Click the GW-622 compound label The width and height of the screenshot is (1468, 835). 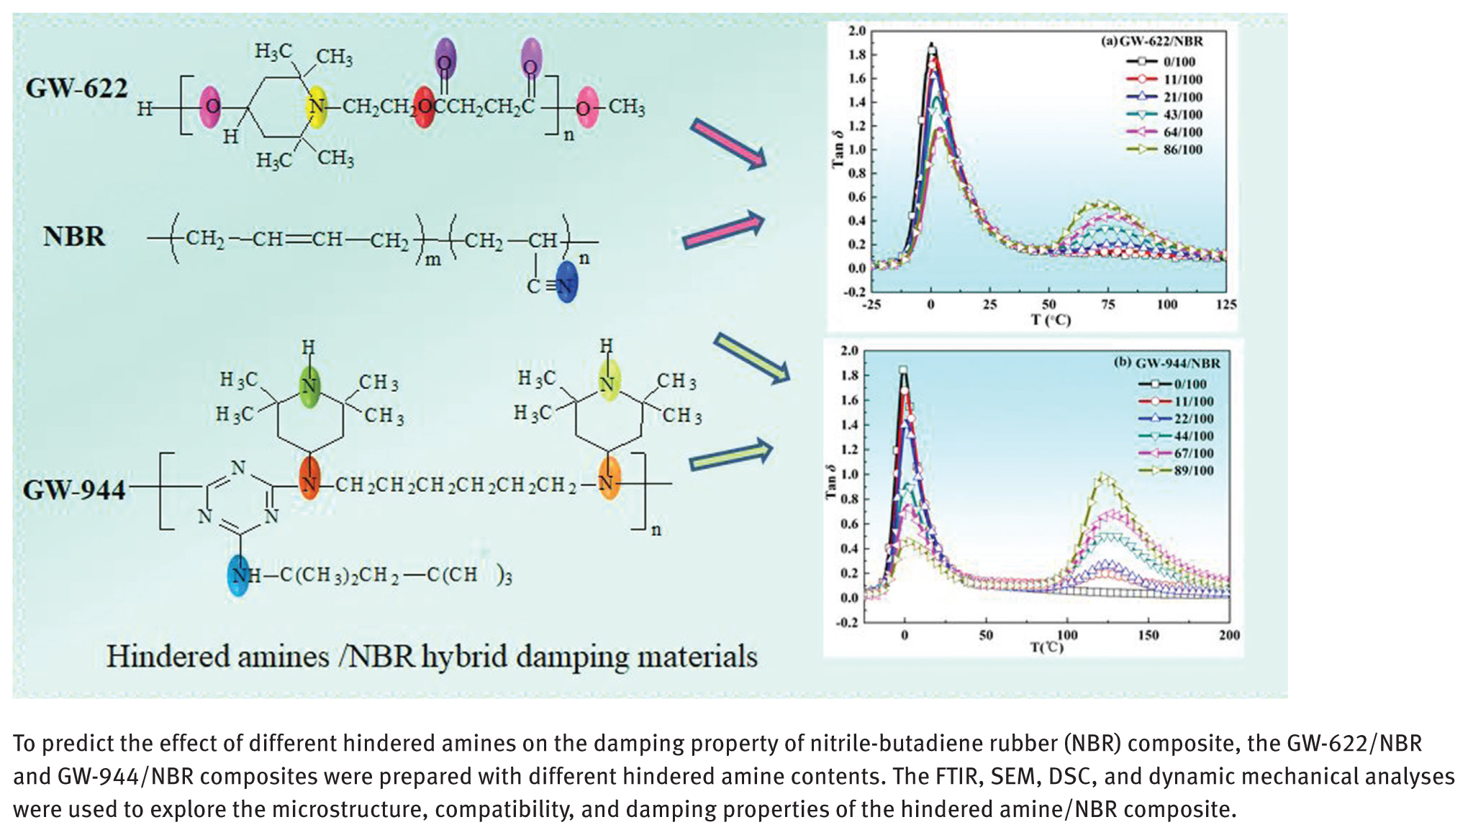76,89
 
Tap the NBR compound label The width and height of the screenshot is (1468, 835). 73,237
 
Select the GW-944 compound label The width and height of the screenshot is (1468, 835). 74,490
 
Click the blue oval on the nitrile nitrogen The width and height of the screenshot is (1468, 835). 567,282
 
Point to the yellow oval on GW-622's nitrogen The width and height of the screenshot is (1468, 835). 316,107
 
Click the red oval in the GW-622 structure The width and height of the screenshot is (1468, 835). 425,107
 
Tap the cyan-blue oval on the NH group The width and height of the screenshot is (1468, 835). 238,575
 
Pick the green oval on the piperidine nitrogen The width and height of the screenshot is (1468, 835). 309,386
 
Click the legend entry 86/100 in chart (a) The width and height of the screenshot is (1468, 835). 1182,150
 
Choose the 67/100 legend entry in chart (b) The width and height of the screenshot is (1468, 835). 1193,453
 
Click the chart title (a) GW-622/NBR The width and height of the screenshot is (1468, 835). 1151,42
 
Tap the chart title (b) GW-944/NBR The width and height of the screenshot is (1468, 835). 1166,363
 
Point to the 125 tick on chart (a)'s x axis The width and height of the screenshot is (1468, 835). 1225,304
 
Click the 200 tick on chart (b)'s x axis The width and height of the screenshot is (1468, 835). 1229,635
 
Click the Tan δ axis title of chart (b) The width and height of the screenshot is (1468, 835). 831,482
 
